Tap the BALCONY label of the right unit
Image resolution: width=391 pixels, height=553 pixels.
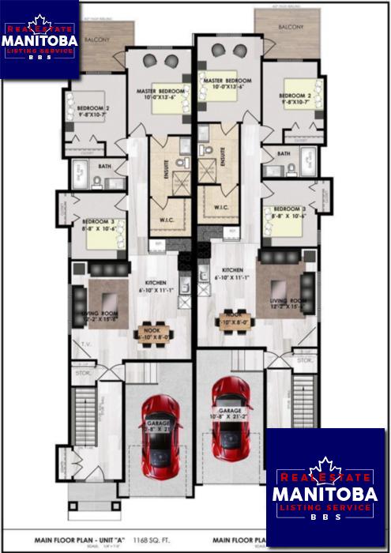point(291,27)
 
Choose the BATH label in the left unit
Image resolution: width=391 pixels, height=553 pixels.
point(105,167)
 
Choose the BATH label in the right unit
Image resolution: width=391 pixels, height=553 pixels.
point(284,153)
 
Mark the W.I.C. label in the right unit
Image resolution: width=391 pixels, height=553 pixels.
point(221,208)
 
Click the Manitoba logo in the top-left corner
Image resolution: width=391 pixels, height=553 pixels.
point(39,39)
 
